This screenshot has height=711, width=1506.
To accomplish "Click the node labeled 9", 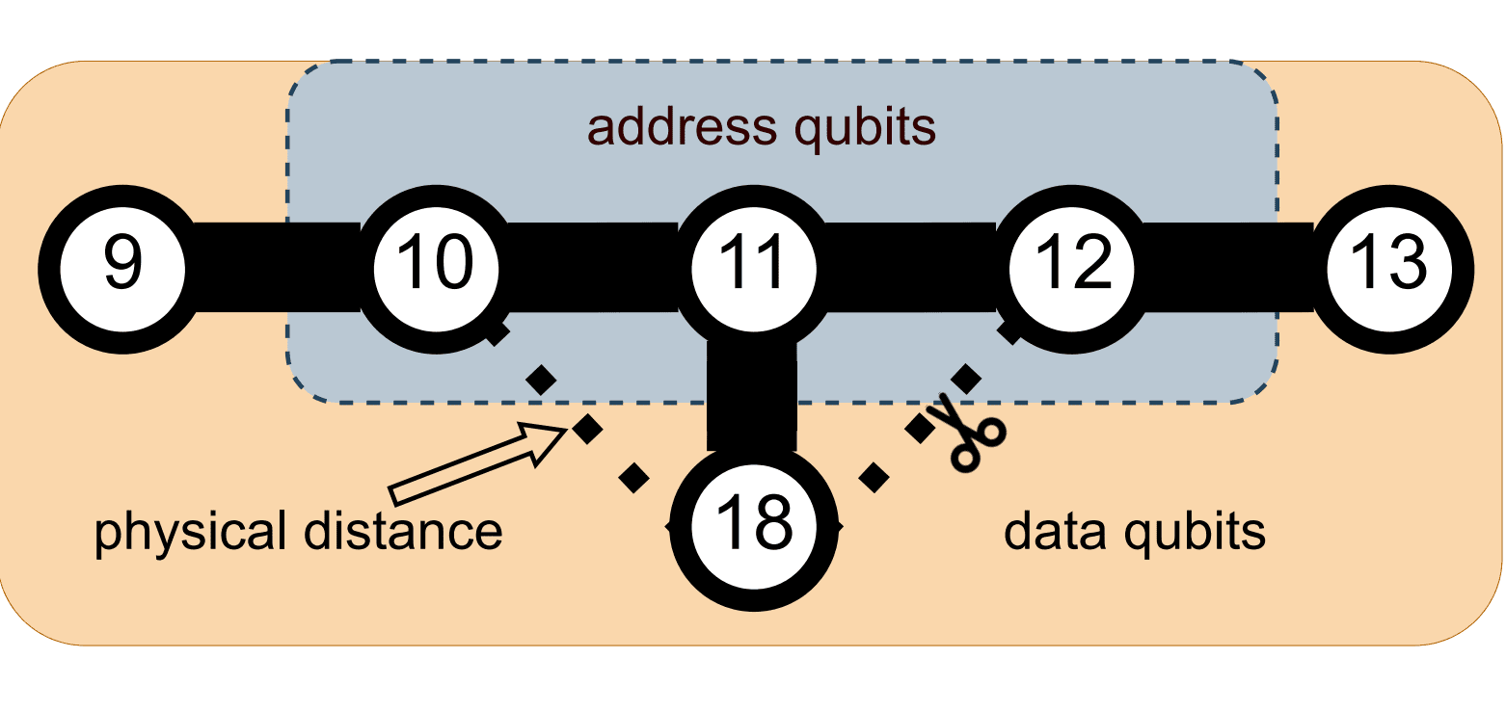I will pos(122,268).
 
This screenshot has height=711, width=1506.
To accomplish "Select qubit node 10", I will pos(436,268).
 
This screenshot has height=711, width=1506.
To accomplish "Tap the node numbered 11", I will pos(753,268).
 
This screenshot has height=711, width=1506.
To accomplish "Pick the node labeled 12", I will pos(1069,268).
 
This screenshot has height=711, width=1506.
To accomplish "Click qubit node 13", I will pos(1388,268).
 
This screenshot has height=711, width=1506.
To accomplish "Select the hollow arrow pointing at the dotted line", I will pos(477,465).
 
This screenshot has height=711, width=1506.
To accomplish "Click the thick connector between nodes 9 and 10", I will pos(278,267).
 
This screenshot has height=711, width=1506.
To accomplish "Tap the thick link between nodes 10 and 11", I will pos(593,267).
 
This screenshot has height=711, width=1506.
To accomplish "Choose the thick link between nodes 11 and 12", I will pos(910,267).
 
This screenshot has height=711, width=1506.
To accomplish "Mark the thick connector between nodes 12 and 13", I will pos(1226,267).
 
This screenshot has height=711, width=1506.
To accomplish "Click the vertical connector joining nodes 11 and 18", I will pos(752,395).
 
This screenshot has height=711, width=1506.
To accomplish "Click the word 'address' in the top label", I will pos(674,127).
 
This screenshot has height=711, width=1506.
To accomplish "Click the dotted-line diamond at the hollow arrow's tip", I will pos(588,430).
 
